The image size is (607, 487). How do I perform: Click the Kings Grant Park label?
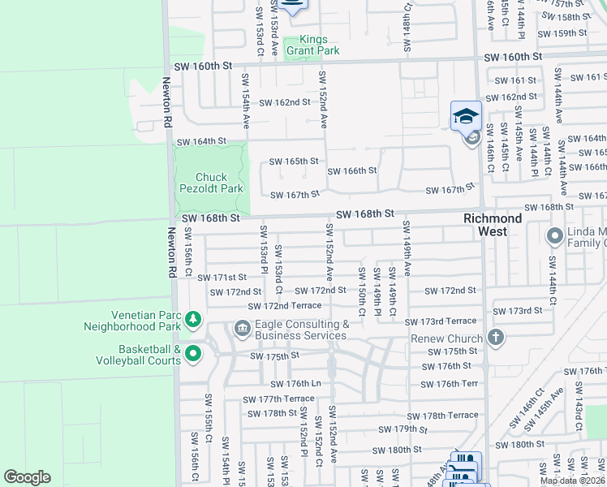click(319, 45)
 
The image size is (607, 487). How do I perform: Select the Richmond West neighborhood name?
click(493, 225)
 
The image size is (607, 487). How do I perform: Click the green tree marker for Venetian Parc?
click(193, 319)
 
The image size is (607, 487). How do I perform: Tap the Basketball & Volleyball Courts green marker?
click(193, 353)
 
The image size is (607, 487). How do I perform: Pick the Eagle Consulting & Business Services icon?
click(242, 329)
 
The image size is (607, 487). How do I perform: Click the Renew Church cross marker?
click(495, 337)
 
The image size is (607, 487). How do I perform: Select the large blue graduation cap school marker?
click(467, 116)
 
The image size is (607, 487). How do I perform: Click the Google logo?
click(27, 477)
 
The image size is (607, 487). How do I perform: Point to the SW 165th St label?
click(293, 161)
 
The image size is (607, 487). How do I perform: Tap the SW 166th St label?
click(351, 170)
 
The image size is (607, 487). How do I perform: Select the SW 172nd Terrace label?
click(284, 305)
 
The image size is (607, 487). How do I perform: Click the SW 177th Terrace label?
click(278, 399)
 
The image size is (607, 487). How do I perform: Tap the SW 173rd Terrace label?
click(441, 322)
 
